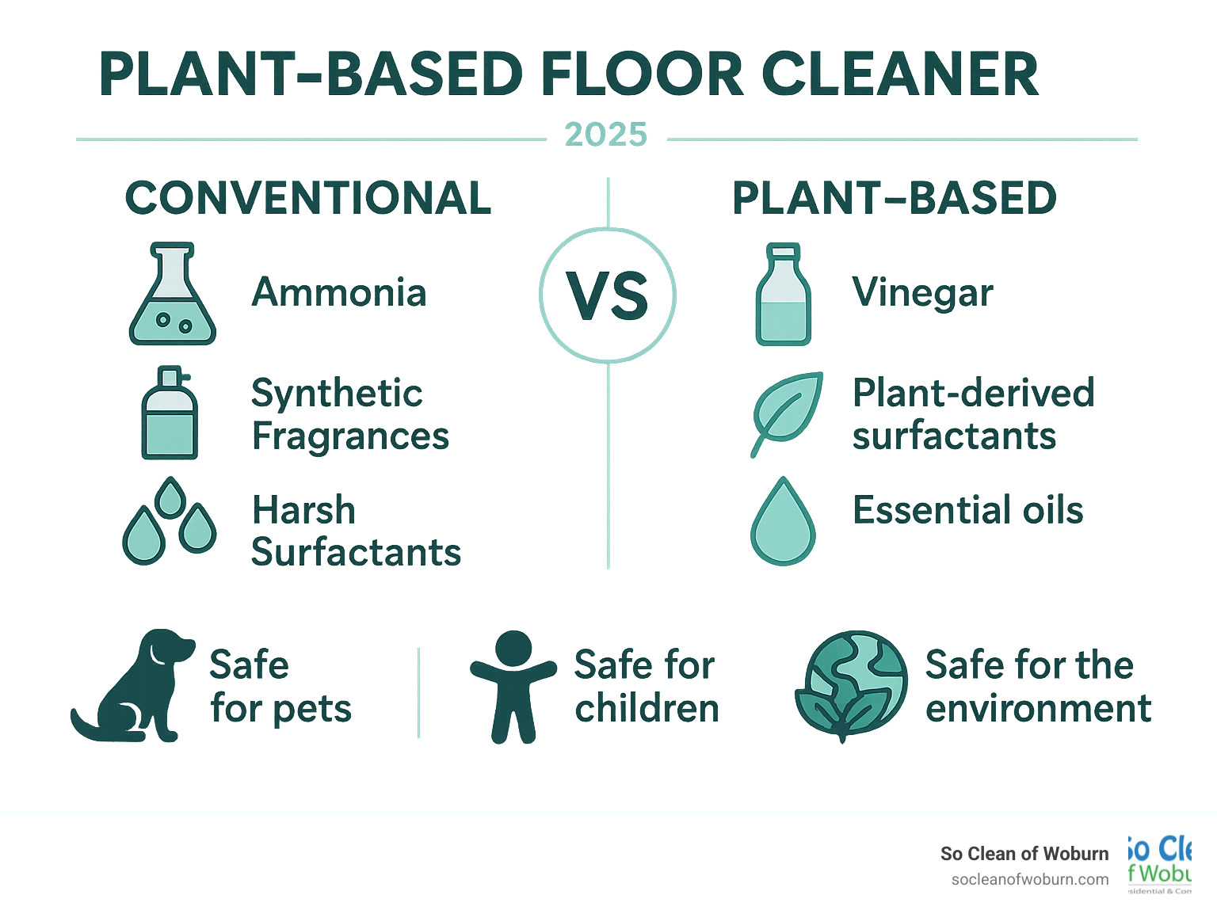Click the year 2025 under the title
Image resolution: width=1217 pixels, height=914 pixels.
606,135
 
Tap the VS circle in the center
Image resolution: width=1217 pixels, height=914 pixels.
608,295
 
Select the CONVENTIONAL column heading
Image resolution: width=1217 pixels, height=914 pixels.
308,198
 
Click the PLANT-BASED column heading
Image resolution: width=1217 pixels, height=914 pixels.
894,198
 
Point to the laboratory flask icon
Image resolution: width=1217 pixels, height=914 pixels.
172,294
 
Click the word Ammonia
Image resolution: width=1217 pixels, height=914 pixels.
339,292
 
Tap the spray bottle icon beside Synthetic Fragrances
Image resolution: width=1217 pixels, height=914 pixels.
169,413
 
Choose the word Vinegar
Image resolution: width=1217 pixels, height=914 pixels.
922,293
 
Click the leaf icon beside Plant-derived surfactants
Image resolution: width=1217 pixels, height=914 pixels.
786,413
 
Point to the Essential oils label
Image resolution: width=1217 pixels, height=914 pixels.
967,510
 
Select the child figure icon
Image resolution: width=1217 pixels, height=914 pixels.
513,686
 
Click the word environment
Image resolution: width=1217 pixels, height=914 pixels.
1038,708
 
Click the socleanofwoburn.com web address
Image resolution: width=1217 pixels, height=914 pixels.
1029,879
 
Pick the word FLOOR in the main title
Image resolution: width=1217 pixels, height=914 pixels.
643,75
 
